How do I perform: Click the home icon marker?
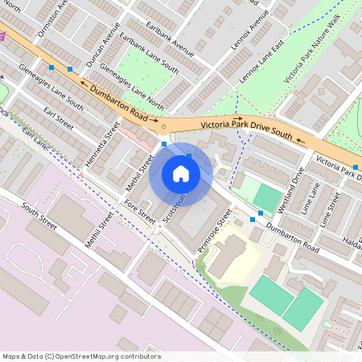[181, 174]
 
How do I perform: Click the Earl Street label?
[59, 116]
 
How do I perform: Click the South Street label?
[40, 216]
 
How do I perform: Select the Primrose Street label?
[215, 231]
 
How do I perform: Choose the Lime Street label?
[329, 208]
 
